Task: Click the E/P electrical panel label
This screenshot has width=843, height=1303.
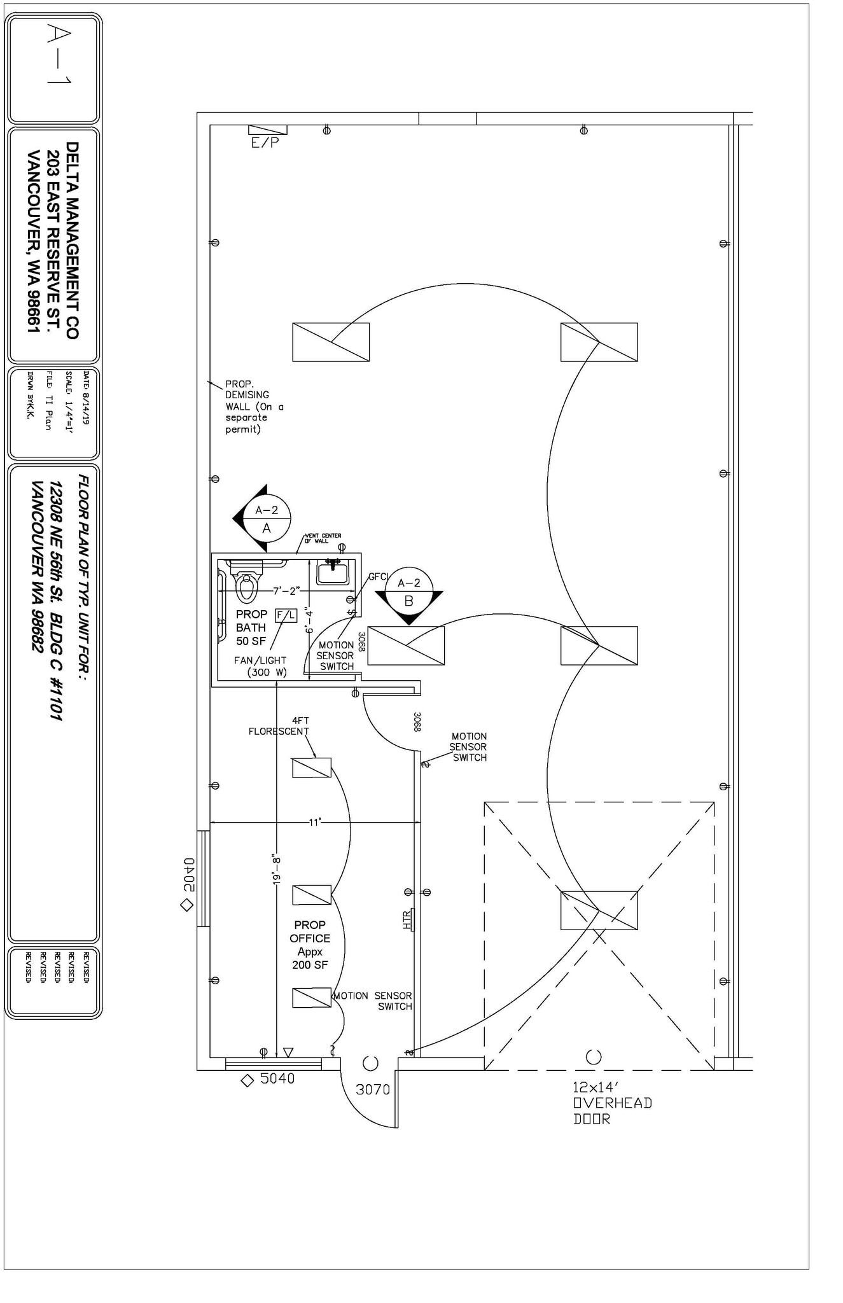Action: click(x=265, y=143)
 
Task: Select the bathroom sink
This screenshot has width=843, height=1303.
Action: click(x=333, y=573)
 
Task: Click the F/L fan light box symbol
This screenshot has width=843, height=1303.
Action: click(x=286, y=615)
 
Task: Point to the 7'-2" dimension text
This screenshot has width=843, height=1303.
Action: click(x=286, y=590)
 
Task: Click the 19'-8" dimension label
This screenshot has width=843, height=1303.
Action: click(x=276, y=869)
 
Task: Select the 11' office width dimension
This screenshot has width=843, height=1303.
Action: click(x=315, y=823)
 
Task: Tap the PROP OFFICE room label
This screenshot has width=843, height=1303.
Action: click(x=310, y=945)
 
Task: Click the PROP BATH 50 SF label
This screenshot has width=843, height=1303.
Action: click(x=251, y=627)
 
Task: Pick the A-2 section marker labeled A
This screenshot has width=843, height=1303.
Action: click(x=267, y=519)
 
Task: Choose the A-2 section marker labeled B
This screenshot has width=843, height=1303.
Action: click(x=409, y=592)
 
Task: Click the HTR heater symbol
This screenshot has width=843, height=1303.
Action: click(x=408, y=920)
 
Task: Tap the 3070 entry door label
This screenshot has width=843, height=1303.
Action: click(x=373, y=1089)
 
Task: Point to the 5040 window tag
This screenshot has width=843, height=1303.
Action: click(x=277, y=1078)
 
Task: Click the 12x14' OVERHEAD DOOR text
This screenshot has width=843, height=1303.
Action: click(x=612, y=1103)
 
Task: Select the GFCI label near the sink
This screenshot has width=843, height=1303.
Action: click(x=378, y=576)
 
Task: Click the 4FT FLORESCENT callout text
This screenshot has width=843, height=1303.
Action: click(x=279, y=726)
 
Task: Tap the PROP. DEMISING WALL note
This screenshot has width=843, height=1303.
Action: click(x=254, y=407)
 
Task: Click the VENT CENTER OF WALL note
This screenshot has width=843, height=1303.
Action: click(x=323, y=538)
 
